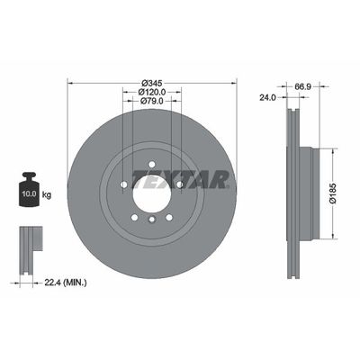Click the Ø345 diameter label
pos(151,81)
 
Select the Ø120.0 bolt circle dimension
pos(152,91)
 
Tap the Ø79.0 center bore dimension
pos(152,101)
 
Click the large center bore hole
pos(152,186)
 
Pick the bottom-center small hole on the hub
pos(152,219)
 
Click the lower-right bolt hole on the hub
pos(167,212)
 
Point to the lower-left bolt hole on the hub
pos(135,212)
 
